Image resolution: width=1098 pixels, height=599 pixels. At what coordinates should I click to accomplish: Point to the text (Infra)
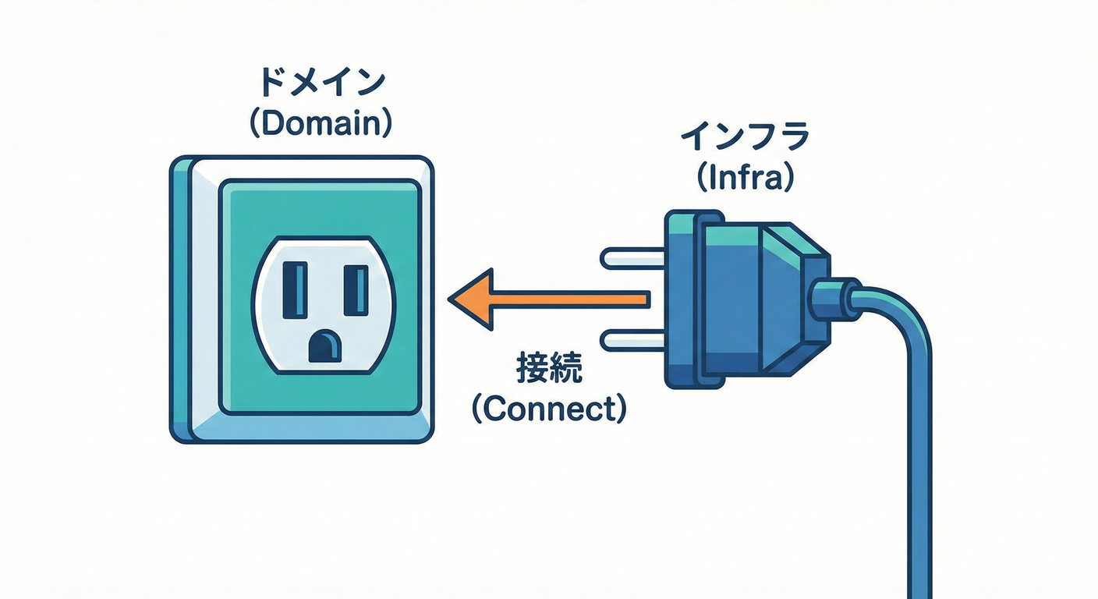pos(745,178)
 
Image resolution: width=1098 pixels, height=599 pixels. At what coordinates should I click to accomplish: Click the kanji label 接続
pos(549,370)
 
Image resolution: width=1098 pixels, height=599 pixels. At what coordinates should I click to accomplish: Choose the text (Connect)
pos(549,409)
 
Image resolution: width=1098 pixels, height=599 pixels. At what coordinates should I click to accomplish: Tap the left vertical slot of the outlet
pos(294,288)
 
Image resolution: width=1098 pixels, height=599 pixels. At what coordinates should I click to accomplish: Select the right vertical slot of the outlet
pos(355,289)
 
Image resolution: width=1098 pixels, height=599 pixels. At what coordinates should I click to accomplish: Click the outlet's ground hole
pos(324,346)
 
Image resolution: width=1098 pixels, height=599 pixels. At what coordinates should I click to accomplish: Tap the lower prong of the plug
pos(632,340)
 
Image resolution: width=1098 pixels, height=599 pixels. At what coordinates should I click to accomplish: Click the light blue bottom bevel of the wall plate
pos(312,427)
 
